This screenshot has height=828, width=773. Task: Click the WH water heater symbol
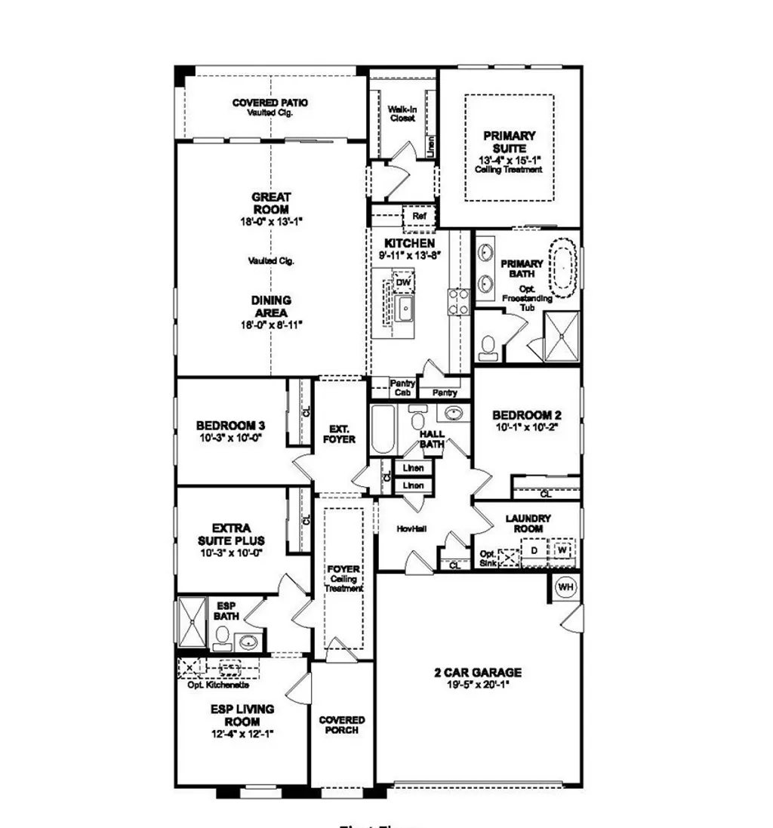click(x=565, y=586)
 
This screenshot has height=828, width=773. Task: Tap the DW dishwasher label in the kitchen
click(x=403, y=282)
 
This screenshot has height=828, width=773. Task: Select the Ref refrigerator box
click(x=419, y=217)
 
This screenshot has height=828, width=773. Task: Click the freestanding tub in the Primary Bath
click(x=565, y=268)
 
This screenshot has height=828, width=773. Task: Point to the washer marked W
click(x=562, y=549)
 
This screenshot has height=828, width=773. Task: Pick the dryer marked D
click(x=534, y=550)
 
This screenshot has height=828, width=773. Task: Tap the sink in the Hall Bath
click(x=453, y=414)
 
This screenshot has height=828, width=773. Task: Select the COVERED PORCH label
click(x=341, y=725)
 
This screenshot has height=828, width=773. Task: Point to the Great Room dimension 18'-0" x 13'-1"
click(x=271, y=222)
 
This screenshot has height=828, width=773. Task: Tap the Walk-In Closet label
click(x=402, y=114)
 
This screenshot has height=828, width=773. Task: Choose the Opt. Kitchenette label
click(x=218, y=685)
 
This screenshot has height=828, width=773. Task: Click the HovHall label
click(x=411, y=529)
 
